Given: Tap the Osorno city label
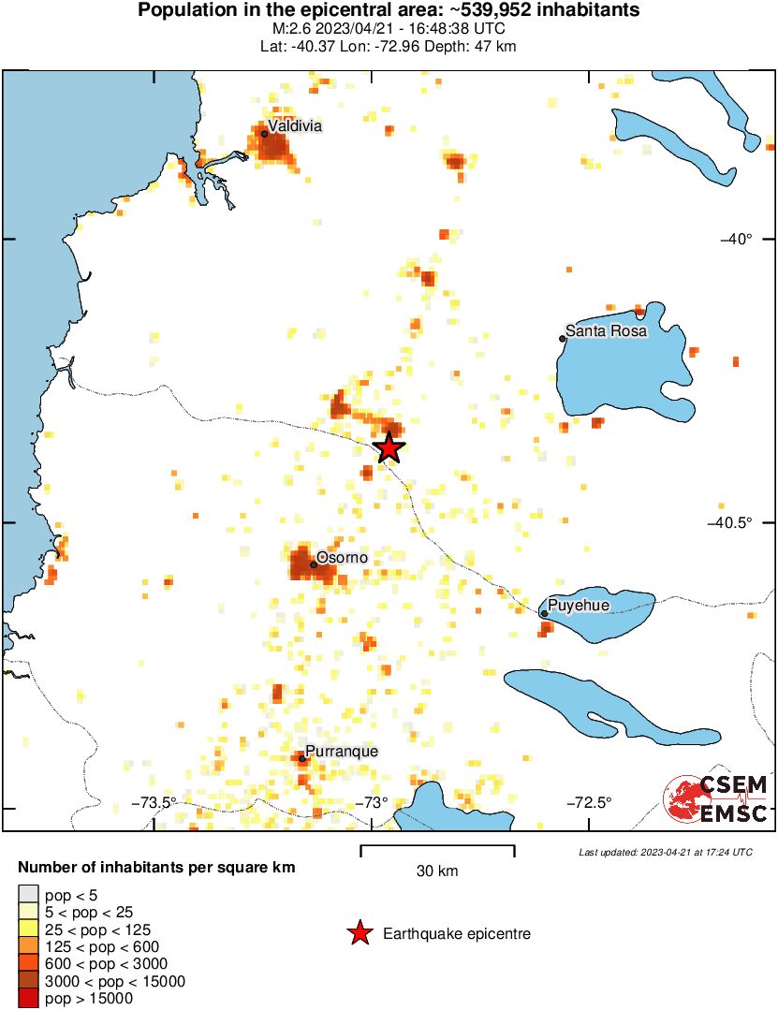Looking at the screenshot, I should point(342,558).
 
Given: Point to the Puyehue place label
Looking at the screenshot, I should point(579,606).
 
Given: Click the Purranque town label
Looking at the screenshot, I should point(343,752).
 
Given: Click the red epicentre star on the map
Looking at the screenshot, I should point(389,448).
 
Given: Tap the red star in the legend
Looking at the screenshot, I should point(359,933).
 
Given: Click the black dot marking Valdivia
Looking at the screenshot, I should point(265,134).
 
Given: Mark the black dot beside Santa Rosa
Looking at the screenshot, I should point(563,338).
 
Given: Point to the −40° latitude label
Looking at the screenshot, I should point(736,239).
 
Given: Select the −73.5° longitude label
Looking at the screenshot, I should point(154,801).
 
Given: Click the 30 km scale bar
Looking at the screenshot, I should point(437,850).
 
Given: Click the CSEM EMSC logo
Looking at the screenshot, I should point(716,798).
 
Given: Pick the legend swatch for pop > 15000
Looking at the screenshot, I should point(29,998).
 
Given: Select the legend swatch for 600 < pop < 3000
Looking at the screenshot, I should point(29,963).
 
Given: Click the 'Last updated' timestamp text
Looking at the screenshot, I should point(665,852).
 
